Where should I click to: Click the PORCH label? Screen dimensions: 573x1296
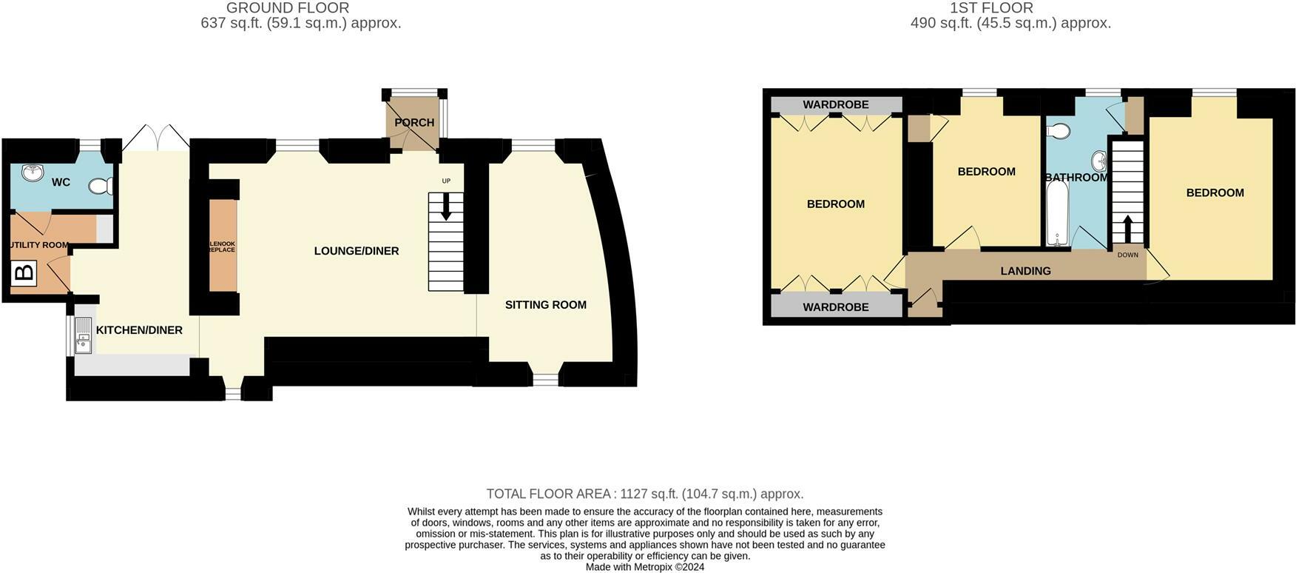(414, 123)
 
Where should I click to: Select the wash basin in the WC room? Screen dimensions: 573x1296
(32, 173)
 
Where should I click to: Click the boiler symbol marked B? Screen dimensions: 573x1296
(24, 273)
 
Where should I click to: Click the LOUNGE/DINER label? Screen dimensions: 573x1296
(357, 251)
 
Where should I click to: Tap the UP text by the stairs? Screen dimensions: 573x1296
(446, 181)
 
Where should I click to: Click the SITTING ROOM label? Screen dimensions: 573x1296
(545, 305)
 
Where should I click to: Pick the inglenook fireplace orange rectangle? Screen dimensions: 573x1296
(223, 245)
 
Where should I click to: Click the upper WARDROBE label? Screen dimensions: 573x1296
(836, 105)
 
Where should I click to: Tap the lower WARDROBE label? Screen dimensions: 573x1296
(836, 307)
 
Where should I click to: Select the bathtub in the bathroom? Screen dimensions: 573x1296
(1057, 213)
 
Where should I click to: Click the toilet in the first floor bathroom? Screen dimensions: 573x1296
(1059, 132)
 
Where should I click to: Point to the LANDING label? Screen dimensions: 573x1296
(1025, 271)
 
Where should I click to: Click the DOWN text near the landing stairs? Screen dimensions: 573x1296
(1127, 255)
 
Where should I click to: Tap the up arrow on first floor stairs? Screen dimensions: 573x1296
(1127, 228)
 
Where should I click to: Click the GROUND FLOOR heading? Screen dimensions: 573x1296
(288, 8)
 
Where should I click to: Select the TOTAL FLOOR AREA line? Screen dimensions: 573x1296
(644, 494)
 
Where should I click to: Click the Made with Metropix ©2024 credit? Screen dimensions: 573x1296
(644, 567)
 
